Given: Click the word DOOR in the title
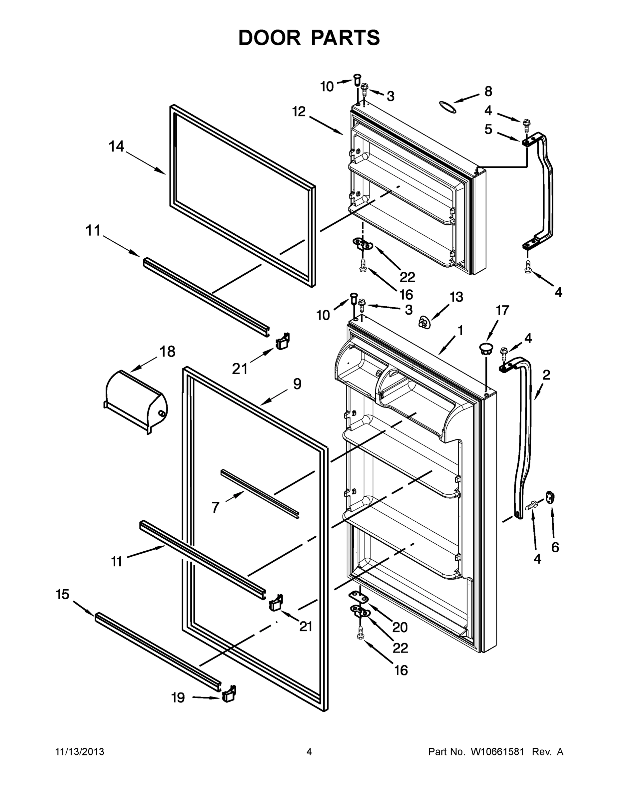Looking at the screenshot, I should point(270,38).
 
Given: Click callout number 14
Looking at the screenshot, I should point(116,147).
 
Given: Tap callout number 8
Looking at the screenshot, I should point(488,91).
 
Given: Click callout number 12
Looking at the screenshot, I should point(299,112).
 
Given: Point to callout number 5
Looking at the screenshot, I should point(488,129).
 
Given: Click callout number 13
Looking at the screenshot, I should point(456,297).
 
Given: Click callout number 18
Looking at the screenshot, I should point(167,352).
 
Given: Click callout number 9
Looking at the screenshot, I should point(297,384).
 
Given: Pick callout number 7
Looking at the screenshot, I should point(215,507).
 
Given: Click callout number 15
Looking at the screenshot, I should point(63,595).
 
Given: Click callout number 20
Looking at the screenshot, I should point(400,628).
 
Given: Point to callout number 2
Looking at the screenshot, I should point(546,375).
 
